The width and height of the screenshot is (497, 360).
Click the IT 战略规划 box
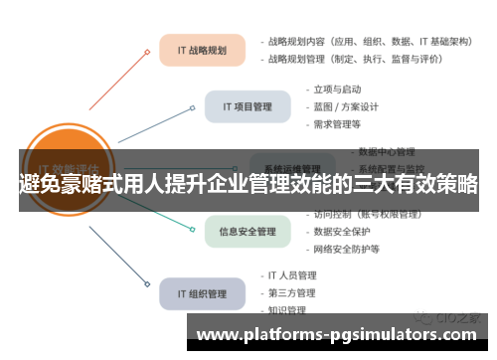coord(202,50)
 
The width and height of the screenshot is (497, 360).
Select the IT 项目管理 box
coord(247,105)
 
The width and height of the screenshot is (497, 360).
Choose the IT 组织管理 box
coord(202,293)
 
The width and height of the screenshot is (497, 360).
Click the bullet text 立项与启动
coord(339,90)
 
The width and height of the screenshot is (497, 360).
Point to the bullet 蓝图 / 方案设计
coord(347,106)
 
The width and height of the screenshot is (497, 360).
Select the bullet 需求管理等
coord(338,124)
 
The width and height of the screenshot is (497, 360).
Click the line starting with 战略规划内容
coord(362,42)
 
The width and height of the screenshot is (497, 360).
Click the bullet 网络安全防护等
coord(347,249)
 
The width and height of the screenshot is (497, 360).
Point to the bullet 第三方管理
coord(291,292)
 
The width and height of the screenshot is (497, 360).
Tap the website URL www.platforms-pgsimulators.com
coord(339,335)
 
